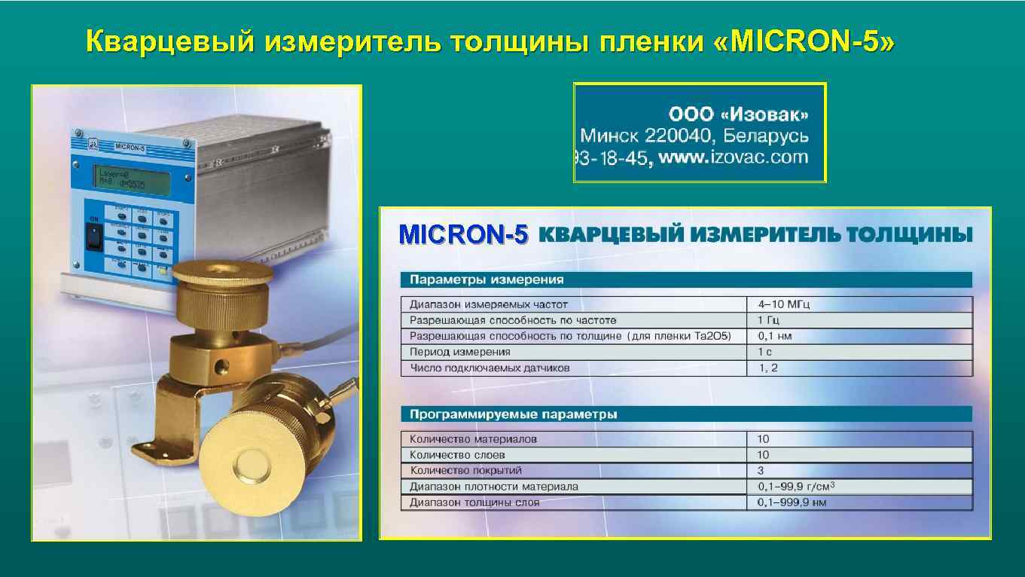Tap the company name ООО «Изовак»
click(x=738, y=115)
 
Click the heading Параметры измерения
click(x=487, y=279)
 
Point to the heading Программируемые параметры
click(x=514, y=414)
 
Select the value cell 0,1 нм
click(x=774, y=336)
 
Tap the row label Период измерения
click(x=459, y=352)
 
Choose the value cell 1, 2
click(x=767, y=368)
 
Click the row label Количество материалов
click(x=473, y=438)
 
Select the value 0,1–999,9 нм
click(x=792, y=502)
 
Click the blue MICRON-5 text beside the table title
click(x=464, y=235)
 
